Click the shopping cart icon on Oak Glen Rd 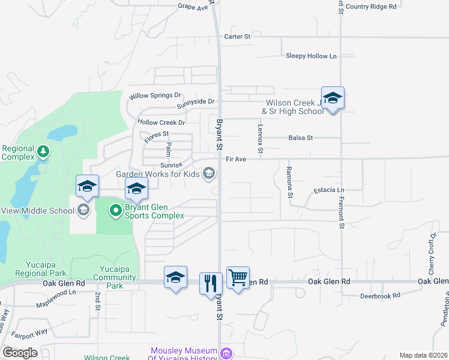[x=238, y=278]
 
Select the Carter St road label [x=237, y=37]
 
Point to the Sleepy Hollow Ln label [x=311, y=56]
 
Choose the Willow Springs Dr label [x=155, y=95]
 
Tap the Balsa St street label [x=301, y=138]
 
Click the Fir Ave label [x=237, y=160]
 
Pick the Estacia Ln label [x=328, y=191]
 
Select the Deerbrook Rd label [x=379, y=296]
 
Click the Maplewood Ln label [x=55, y=293]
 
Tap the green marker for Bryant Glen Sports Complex [x=115, y=211]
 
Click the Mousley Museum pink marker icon [x=226, y=353]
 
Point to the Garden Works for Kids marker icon [x=208, y=174]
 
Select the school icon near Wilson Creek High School [x=333, y=98]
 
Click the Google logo [x=20, y=353]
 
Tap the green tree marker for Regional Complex [x=43, y=150]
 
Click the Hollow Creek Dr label [x=161, y=122]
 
